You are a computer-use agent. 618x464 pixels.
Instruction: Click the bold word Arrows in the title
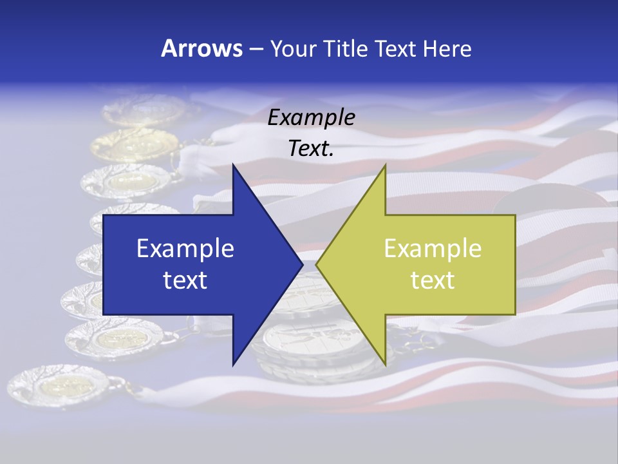click(202, 48)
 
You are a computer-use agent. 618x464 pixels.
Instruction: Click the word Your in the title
click(293, 48)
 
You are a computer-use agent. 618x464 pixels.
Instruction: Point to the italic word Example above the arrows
click(312, 118)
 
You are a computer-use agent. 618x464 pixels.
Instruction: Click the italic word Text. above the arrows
click(312, 149)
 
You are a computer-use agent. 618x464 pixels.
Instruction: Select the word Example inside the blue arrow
click(185, 249)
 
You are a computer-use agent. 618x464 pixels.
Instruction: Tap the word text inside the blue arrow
click(185, 280)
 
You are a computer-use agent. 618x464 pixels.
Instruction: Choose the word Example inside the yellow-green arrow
click(433, 249)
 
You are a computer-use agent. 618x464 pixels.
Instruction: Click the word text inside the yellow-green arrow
click(433, 280)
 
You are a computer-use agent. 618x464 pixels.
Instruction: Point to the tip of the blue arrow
click(303, 264)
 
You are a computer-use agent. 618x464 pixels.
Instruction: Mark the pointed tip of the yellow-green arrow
click(316, 264)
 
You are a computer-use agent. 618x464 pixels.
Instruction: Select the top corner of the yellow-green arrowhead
click(385, 166)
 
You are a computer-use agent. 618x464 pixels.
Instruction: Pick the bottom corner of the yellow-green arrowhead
click(385, 364)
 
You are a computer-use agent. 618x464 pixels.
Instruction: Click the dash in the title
click(256, 49)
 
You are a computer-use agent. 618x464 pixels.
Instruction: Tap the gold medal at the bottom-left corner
click(61, 387)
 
